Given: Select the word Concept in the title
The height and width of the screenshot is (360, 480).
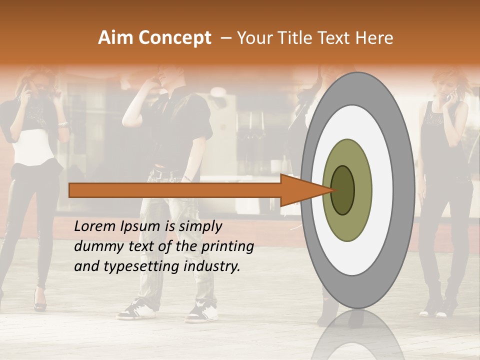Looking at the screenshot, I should [174, 38].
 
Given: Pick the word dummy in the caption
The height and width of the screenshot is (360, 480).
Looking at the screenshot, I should [96, 246].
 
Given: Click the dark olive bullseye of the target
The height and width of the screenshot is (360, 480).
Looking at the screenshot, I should [343, 190].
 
